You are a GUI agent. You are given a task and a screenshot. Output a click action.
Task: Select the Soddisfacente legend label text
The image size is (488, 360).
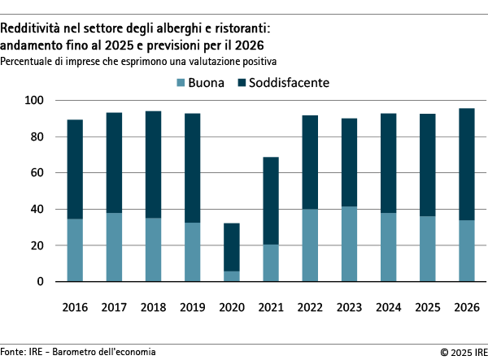[289, 83]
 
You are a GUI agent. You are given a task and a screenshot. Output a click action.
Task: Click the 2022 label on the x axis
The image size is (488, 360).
[310, 310]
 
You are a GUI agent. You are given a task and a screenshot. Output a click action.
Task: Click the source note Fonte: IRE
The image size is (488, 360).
[24, 352]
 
